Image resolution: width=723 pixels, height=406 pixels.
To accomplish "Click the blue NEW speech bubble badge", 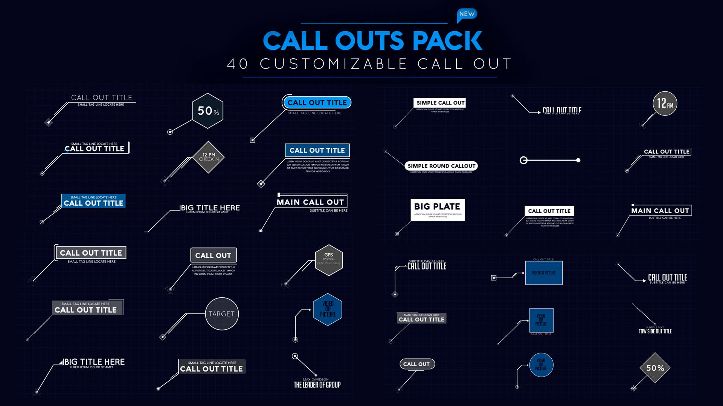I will pos(467,14).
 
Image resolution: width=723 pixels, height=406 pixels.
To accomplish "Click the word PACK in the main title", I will pos(447,41).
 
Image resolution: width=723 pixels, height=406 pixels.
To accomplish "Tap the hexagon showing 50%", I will pos(207,111).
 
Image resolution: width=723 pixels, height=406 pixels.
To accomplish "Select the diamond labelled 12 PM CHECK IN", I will pos(209,157).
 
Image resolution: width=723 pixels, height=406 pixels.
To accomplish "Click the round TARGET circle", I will pos(222,314).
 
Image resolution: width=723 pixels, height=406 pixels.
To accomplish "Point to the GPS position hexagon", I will pos(329,260).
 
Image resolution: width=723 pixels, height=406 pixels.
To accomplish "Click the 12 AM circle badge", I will pos(665,103).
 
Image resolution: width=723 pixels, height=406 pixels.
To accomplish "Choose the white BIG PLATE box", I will pos(438,210).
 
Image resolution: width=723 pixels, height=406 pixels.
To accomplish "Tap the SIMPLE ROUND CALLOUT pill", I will pos(441,166).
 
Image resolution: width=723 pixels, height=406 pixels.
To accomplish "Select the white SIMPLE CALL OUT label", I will pos(440,103).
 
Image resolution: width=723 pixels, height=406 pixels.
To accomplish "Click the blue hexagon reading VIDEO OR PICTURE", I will pos(328,309).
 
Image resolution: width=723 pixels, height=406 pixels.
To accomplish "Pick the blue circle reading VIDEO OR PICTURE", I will pos(541,365).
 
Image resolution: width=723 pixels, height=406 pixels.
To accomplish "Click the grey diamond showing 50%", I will pos(655,368).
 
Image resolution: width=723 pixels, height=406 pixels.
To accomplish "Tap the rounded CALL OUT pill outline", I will pos(416,364).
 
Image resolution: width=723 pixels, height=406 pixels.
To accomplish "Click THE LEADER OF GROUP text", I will pos(317,385).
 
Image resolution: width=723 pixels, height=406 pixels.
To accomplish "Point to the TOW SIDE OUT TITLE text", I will pos(655,331).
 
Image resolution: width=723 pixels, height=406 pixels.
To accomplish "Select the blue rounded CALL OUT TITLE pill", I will pos(317,103).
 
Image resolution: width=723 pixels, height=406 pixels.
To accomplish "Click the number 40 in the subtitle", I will pos(237,64).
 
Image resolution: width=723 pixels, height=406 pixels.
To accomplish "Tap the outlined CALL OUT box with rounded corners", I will pos(213,256).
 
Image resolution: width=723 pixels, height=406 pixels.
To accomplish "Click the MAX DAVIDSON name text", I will pos(316,379).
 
